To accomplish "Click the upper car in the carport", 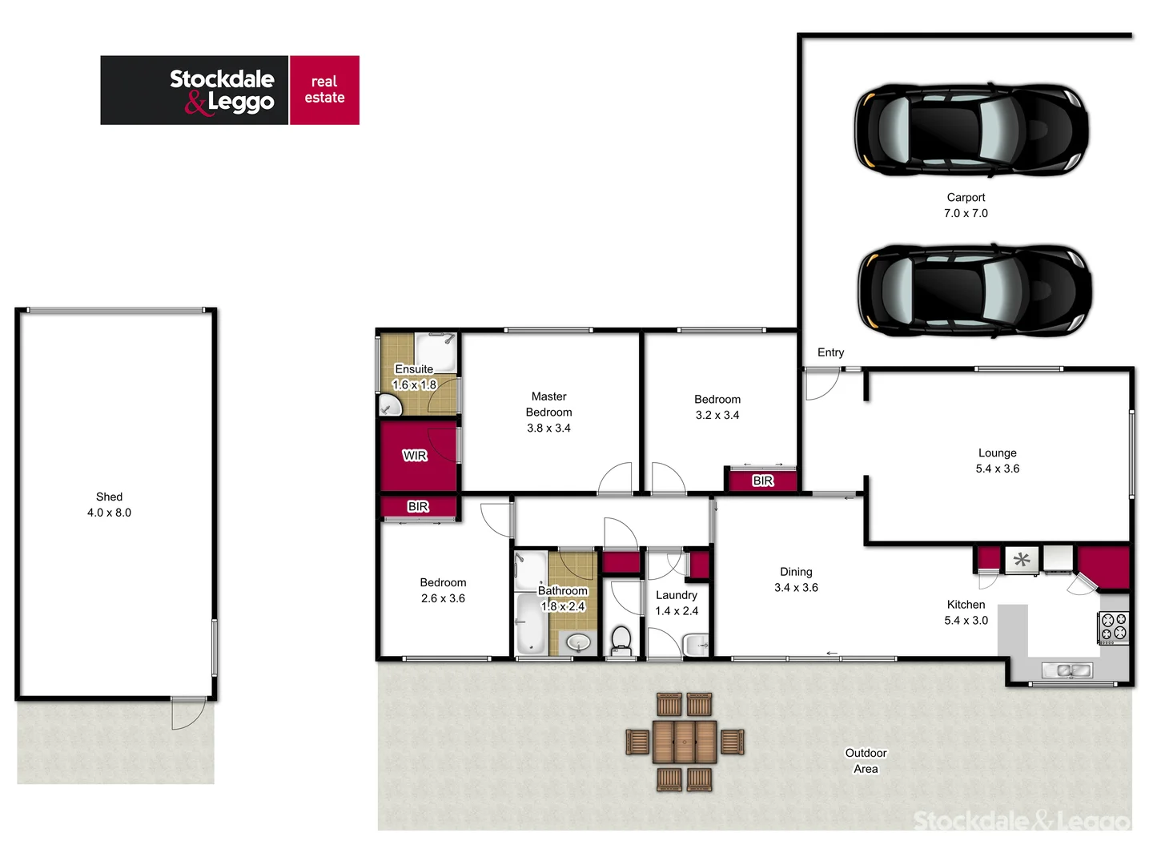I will pos(971,129).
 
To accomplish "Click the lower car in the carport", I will pos(974,289).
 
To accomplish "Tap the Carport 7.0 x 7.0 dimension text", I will pos(966,206).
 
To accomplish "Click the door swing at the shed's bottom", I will pos(188,712).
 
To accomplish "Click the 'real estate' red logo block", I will pos(324,90).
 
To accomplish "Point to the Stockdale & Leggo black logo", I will pos(195,90).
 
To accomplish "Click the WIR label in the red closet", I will pos(415,456).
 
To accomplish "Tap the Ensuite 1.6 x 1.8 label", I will pos(414,376).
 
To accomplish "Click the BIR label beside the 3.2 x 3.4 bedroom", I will pos(763,481).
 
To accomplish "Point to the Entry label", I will pos(830,352).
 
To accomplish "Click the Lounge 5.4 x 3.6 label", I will pos(997,461).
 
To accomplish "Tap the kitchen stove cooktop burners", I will pos(1113,627).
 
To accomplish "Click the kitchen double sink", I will pos(1067,670).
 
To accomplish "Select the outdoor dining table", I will pos(684,741).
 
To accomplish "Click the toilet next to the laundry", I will pos(621,640).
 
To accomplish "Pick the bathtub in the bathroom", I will pos(529,625).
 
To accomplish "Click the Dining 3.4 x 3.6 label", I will pos(796,579).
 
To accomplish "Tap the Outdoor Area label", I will pos(866,761).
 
